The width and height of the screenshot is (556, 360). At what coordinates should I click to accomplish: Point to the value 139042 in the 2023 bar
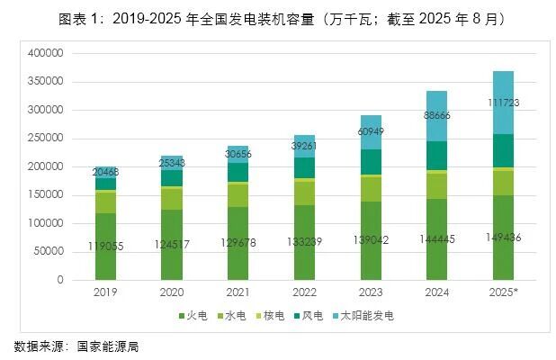click(370, 241)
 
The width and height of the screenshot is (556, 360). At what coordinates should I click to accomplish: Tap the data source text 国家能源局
click(108, 345)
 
